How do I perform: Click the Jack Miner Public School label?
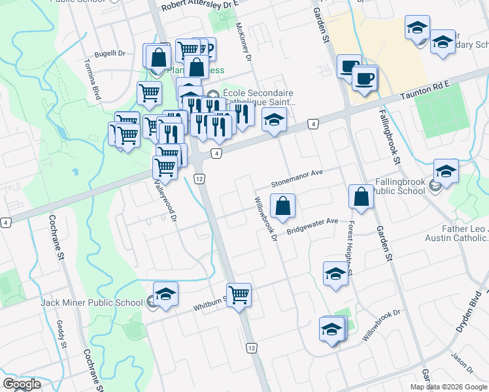pyautogui.click(x=92, y=302)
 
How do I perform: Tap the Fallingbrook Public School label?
pyautogui.click(x=400, y=186)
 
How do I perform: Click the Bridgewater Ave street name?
pyautogui.click(x=312, y=225)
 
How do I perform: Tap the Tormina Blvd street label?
pyautogui.click(x=92, y=78)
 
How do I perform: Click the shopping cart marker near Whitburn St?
pyautogui.click(x=239, y=295)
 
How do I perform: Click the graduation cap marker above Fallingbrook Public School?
pyautogui.click(x=446, y=171)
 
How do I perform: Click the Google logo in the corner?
pyautogui.click(x=22, y=384)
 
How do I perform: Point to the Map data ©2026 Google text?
pyautogui.click(x=448, y=387)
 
